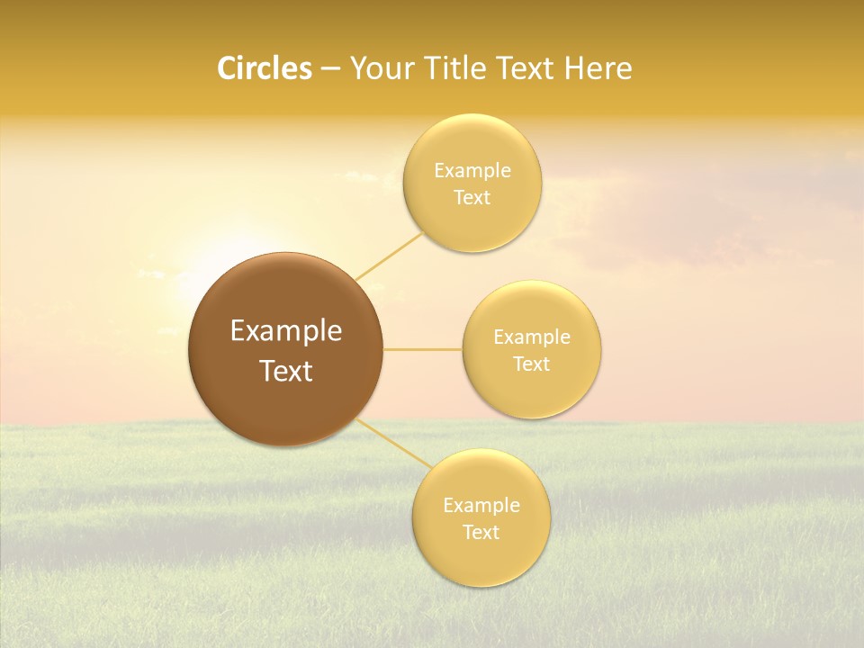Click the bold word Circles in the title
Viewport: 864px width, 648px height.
pyautogui.click(x=264, y=68)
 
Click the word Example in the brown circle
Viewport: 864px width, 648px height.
pyautogui.click(x=286, y=331)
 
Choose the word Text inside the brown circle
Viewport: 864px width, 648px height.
pyautogui.click(x=286, y=371)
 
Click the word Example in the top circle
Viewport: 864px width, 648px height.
pyautogui.click(x=472, y=170)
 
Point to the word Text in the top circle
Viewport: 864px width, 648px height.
pyautogui.click(x=472, y=197)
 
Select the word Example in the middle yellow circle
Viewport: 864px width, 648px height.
pyautogui.click(x=532, y=337)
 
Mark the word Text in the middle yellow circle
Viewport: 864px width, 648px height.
pyautogui.click(x=532, y=364)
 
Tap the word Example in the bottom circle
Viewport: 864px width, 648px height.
pyautogui.click(x=481, y=505)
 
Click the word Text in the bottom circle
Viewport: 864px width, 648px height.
pyautogui.click(x=481, y=532)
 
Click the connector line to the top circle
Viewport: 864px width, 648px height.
pyautogui.click(x=389, y=256)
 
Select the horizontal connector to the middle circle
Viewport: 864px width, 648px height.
pyautogui.click(x=422, y=349)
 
